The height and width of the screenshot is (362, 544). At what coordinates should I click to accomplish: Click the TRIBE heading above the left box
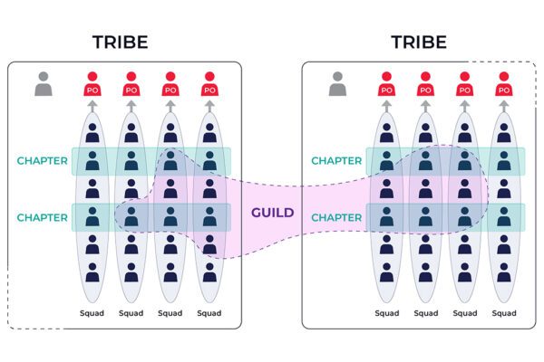[x=120, y=43]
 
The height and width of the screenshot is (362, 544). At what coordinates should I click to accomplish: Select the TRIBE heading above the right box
[x=418, y=43]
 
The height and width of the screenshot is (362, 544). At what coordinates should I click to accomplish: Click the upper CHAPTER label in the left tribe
[x=43, y=161]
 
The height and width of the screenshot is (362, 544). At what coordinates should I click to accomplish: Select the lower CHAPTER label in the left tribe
[x=43, y=217]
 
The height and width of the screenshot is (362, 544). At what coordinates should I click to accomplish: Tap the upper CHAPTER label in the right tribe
[x=337, y=161]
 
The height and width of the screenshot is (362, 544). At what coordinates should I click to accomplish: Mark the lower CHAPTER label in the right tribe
[x=337, y=217]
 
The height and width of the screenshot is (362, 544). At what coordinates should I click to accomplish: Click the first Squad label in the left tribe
[x=92, y=313]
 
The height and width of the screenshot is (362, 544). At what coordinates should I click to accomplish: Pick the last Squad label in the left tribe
[x=209, y=313]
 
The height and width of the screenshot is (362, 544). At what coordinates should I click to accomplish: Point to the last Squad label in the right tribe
[x=503, y=313]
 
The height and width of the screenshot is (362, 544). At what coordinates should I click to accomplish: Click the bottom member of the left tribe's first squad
[x=92, y=271]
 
